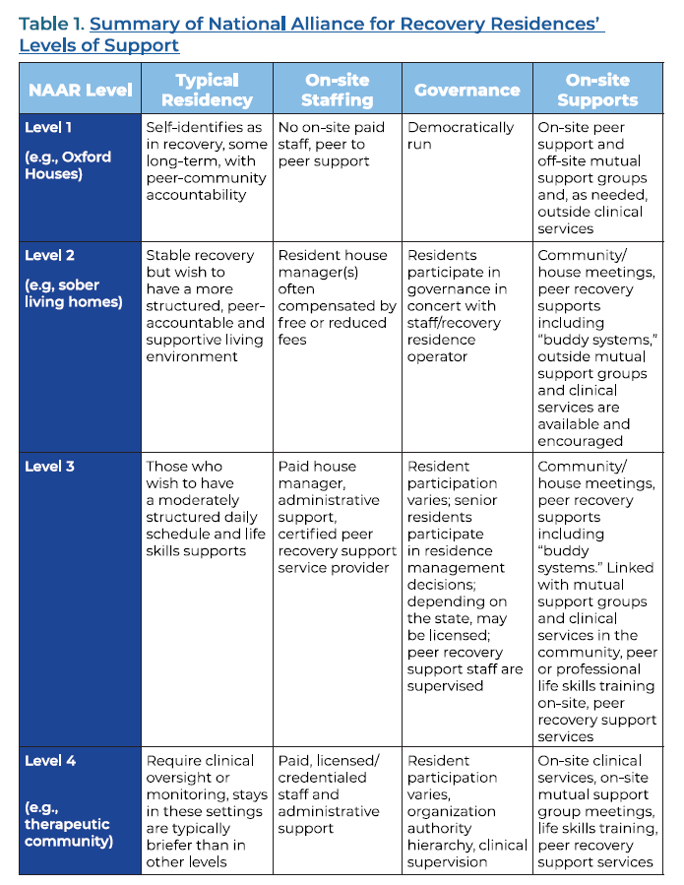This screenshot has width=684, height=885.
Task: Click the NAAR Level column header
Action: tap(80, 90)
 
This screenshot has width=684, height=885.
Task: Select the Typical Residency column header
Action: tap(207, 90)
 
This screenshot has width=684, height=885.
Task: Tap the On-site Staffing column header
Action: tap(338, 90)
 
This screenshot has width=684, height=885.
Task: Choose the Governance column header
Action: tap(466, 90)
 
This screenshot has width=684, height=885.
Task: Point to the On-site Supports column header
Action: tap(596, 90)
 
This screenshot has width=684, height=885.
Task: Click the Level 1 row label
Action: tap(48, 127)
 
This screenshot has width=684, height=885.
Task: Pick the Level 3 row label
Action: tap(49, 466)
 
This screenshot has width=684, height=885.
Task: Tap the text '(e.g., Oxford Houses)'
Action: tap(68, 165)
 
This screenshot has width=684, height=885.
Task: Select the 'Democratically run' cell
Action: tap(460, 136)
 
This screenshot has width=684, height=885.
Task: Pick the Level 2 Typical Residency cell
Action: tap(205, 305)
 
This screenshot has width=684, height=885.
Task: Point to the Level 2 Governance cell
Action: tap(458, 305)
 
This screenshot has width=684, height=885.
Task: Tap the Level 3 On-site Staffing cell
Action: tap(337, 517)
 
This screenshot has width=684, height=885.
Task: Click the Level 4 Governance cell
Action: tap(465, 810)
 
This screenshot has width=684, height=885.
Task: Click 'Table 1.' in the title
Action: tap(50, 24)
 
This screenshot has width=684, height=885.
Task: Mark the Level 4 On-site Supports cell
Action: tap(596, 810)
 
